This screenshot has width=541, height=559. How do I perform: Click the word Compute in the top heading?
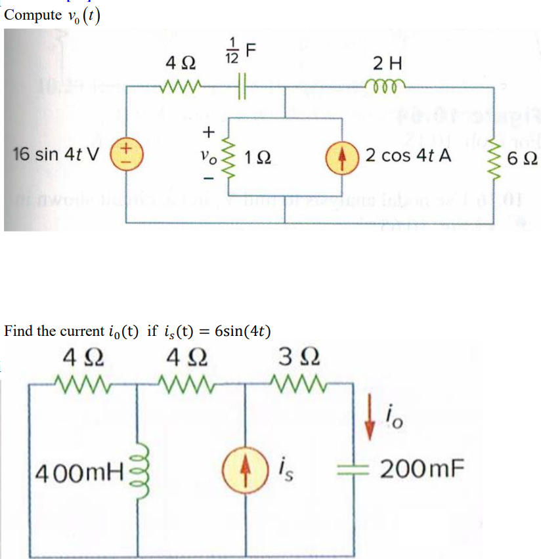coord(32,16)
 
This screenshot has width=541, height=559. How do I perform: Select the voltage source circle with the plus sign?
coord(123,156)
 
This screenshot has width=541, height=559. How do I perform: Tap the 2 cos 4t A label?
coord(408,156)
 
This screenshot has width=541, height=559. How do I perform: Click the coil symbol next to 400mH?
coord(139,466)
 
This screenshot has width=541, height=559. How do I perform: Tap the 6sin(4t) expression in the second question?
coord(239,330)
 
